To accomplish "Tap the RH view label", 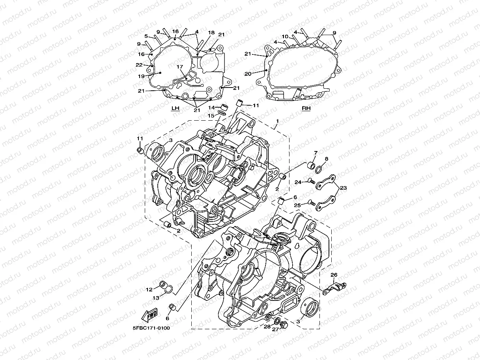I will pos(306,108).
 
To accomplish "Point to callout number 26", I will pos(334,275).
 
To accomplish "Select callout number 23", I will pos(343,188).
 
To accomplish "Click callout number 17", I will pos(180,67).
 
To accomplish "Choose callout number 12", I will pos(149,289).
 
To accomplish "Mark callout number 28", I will pos(267,327).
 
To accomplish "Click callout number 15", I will pos(211,116).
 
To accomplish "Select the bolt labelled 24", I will pos(310,181).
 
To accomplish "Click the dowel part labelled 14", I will pos(224,107).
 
